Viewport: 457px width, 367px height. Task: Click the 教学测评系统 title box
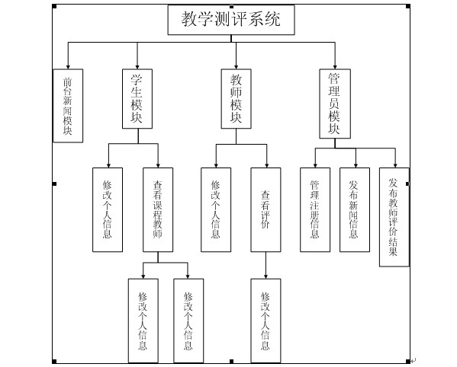pyautogui.click(x=231, y=20)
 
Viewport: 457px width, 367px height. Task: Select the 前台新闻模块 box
pyautogui.click(x=68, y=106)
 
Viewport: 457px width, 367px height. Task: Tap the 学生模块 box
pyautogui.click(x=137, y=98)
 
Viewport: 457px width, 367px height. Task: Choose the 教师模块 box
pyautogui.click(x=236, y=98)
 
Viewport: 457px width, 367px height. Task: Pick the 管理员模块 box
pyautogui.click(x=335, y=104)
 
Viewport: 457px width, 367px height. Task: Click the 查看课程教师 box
pyautogui.click(x=158, y=209)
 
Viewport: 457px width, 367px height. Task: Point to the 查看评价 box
pyautogui.click(x=266, y=209)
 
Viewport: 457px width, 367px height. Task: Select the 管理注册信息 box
pyautogui.click(x=315, y=209)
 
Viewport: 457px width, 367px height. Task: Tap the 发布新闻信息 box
pyautogui.click(x=355, y=209)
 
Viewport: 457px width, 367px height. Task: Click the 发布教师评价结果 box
pyautogui.click(x=394, y=217)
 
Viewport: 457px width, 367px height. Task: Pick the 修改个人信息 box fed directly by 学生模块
pyautogui.click(x=108, y=209)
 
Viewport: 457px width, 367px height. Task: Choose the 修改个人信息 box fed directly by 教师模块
pyautogui.click(x=216, y=209)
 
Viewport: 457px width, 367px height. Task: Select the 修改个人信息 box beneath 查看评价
pyautogui.click(x=266, y=321)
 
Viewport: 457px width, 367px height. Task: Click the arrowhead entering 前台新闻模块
pyautogui.click(x=68, y=67)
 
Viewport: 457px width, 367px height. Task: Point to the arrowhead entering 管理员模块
pyautogui.click(x=335, y=67)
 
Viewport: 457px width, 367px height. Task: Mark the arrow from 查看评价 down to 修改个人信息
pyautogui.click(x=266, y=265)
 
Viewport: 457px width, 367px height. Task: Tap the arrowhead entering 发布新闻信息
pyautogui.click(x=356, y=166)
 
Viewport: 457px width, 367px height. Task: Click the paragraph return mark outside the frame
pyautogui.click(x=414, y=361)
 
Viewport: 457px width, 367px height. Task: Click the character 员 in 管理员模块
pyautogui.click(x=334, y=104)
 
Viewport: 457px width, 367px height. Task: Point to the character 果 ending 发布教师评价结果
pyautogui.click(x=393, y=251)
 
